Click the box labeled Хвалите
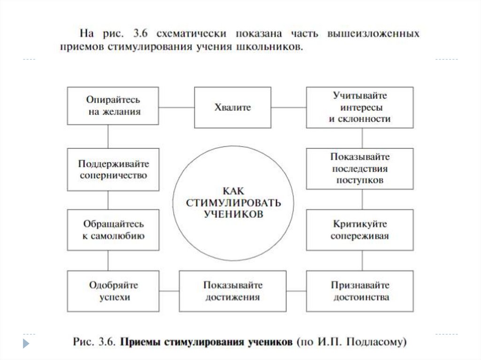tap(233, 107)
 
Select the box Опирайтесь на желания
tap(113, 106)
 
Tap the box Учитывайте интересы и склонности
tap(360, 107)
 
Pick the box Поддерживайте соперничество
tap(113, 169)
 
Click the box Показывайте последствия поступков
tap(360, 168)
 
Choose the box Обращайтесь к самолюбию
tap(113, 230)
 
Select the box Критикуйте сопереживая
tap(360, 230)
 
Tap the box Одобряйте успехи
tap(113, 291)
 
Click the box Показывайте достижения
tap(233, 291)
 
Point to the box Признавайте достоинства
tap(360, 291)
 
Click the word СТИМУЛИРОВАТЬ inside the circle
tap(233, 203)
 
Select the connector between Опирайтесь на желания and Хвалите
tap(177, 107)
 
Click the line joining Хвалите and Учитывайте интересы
tap(289, 107)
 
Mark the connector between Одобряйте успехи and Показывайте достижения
tap(169, 291)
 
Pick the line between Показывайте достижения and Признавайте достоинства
tap(296, 291)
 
